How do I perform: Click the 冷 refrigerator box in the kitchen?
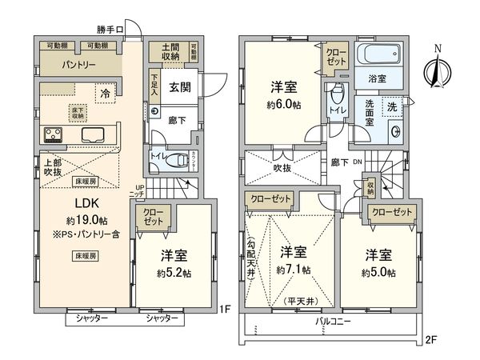click(x=105, y=94)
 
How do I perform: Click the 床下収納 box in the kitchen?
click(x=78, y=111)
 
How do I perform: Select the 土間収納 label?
click(x=170, y=51)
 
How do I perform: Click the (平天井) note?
click(x=301, y=301)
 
